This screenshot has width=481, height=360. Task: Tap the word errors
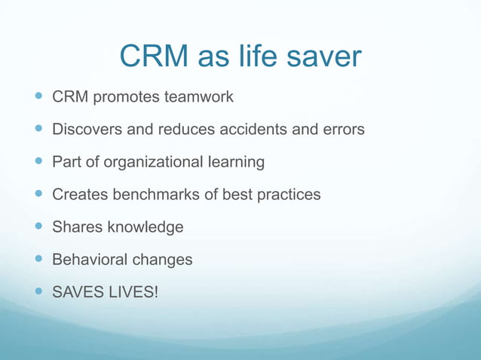(x=342, y=130)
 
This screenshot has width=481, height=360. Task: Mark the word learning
(x=236, y=162)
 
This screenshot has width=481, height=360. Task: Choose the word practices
(x=286, y=194)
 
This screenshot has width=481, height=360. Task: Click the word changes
(x=162, y=259)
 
